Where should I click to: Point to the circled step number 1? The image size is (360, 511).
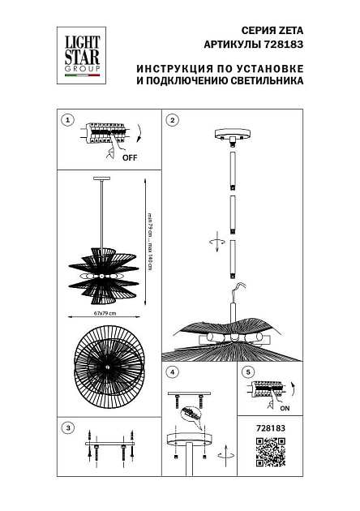[x=68, y=120]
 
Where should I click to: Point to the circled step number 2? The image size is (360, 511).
[x=172, y=120]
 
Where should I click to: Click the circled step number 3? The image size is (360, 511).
[x=68, y=427]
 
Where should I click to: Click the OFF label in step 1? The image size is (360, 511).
[x=130, y=158]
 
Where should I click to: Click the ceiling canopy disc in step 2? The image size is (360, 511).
[x=232, y=135]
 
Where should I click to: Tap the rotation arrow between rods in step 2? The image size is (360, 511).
[x=214, y=241]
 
